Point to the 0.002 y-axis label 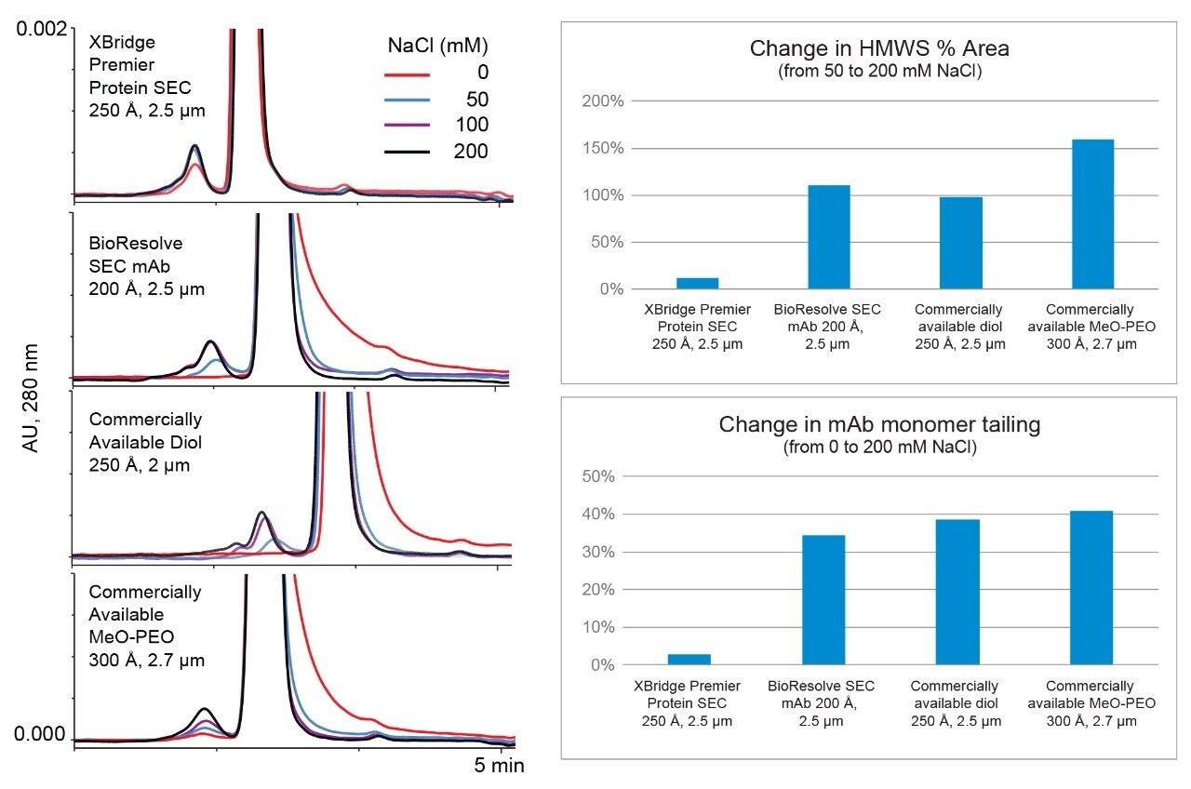(x=42, y=29)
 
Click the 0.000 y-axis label (x=42, y=736)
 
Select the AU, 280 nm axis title (x=31, y=401)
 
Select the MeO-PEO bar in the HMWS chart (x=1092, y=214)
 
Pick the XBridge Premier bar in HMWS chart (x=697, y=283)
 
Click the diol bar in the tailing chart (x=958, y=592)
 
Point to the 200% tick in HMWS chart (x=598, y=100)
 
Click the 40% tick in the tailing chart (x=602, y=515)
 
